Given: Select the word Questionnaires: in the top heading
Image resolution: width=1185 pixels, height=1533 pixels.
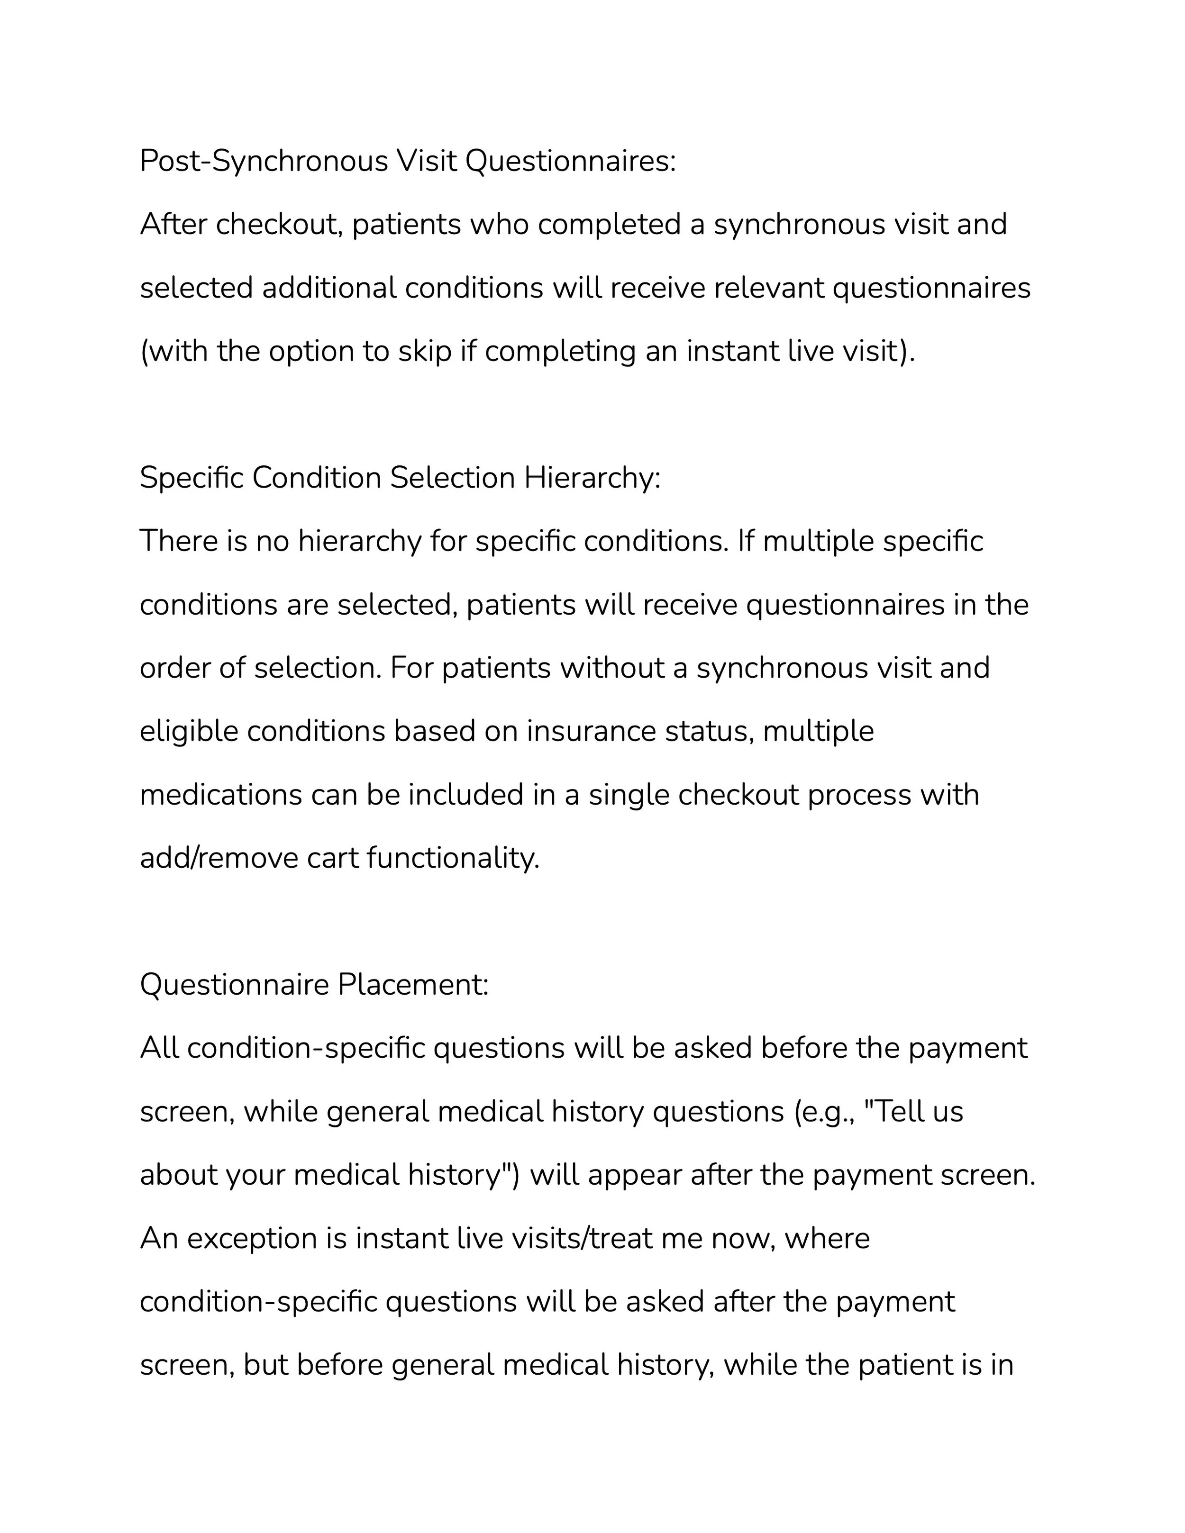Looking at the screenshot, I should point(570,162).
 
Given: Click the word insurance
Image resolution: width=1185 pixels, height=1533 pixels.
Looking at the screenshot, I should point(591,731).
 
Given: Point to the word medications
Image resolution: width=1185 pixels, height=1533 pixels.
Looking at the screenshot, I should point(220,795).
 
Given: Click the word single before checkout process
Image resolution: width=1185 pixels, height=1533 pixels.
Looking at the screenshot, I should point(629,795).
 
